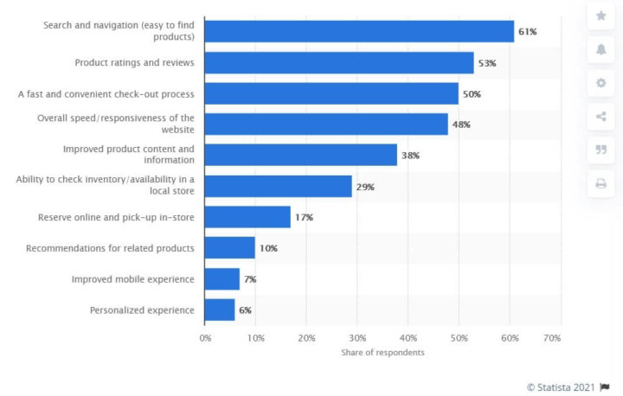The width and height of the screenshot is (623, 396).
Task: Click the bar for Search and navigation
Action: point(359,32)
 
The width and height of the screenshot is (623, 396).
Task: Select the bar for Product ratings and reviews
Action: point(339,63)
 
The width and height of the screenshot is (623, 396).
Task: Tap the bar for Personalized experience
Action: point(220,310)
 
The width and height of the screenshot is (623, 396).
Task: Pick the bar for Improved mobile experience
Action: point(222,279)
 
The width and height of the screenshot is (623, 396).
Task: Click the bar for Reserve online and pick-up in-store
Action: point(247,217)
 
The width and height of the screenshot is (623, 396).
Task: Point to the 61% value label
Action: point(527,32)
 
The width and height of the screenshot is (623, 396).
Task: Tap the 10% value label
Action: point(268,248)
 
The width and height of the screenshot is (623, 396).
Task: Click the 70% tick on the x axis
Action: point(550,338)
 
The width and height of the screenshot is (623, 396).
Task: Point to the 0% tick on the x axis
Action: point(205,338)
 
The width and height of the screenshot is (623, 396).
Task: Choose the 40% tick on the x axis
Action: point(408,338)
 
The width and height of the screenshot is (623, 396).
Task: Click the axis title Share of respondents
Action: point(382,353)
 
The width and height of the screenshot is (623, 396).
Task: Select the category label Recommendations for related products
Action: point(110,248)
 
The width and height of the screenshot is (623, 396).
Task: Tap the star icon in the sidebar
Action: point(601,16)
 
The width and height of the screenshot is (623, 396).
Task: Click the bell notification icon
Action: point(601,50)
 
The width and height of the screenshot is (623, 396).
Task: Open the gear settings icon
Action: point(601,83)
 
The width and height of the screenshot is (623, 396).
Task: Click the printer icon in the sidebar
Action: point(601,183)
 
